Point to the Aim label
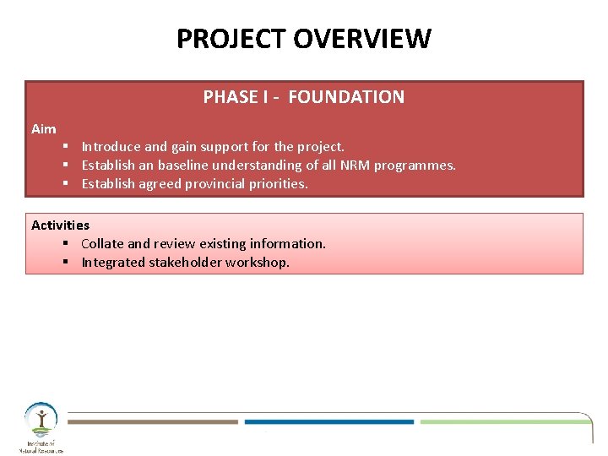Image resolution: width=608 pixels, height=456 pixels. tap(44, 129)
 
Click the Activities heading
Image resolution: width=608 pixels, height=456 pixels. tap(60, 225)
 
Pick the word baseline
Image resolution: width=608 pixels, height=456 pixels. tap(180, 166)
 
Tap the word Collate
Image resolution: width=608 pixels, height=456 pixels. tap(102, 244)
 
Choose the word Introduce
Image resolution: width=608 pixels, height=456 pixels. tap(111, 147)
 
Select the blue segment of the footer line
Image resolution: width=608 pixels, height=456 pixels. tap(329, 421)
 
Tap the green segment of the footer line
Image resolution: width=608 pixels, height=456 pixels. tap(502, 421)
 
